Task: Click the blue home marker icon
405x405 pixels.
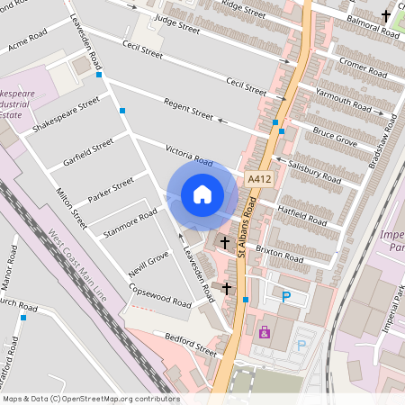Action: coord(202,194)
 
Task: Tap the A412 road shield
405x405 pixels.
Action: coord(259,181)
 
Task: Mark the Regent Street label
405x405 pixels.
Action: coord(188,111)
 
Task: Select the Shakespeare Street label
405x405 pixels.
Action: coord(66,116)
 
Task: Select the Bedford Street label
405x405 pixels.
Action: coord(191,344)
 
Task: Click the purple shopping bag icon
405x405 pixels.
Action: coord(265,332)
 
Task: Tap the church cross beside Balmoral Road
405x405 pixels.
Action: coord(387,15)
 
